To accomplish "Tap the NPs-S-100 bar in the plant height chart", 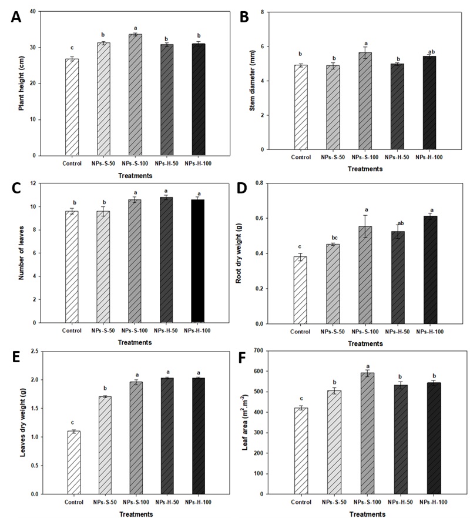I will point(136,95).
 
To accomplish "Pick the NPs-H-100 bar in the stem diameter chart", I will point(428,102).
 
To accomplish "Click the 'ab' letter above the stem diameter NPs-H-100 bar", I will point(428,50).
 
